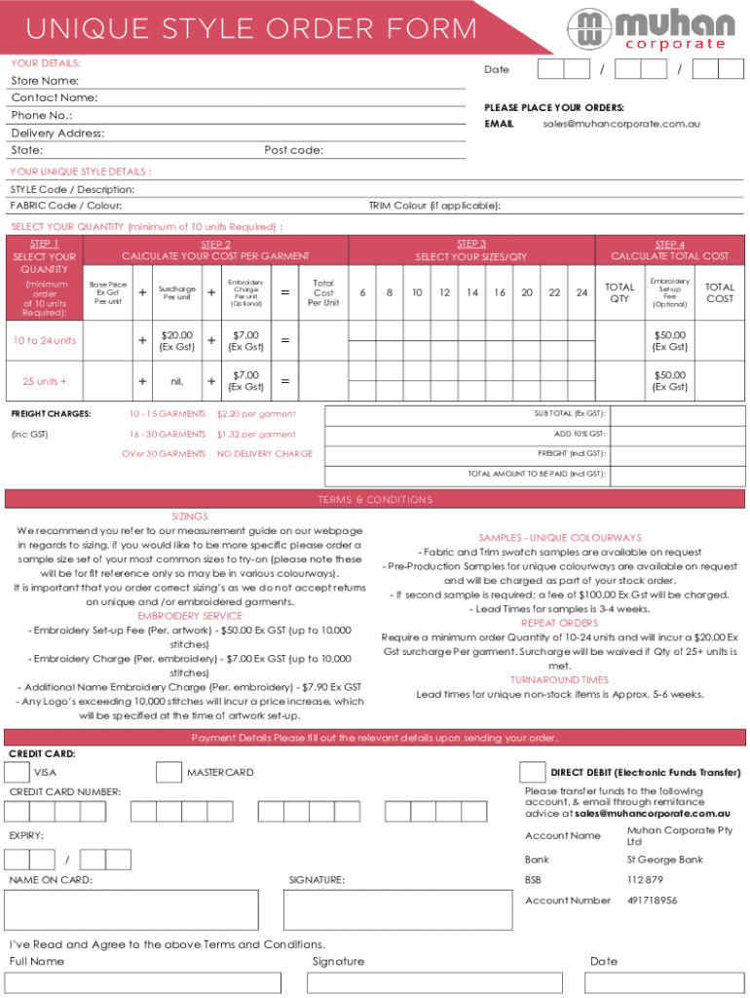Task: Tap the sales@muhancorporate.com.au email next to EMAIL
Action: (620, 125)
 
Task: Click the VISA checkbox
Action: (17, 772)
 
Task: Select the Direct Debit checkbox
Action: (532, 772)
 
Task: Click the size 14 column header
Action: (471, 292)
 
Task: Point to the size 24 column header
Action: (581, 292)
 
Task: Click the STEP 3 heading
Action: (471, 244)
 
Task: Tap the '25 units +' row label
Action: (45, 381)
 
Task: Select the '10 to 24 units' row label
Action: (45, 340)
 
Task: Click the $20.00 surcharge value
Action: (176, 340)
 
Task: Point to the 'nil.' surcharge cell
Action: (176, 381)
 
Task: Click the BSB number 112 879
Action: (645, 880)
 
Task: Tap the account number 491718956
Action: (653, 901)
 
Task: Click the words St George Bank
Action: (665, 860)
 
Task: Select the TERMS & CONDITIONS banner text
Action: (375, 500)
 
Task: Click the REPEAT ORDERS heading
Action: (559, 623)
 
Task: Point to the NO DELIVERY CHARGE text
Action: (265, 454)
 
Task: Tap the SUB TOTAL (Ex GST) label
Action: (570, 413)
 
